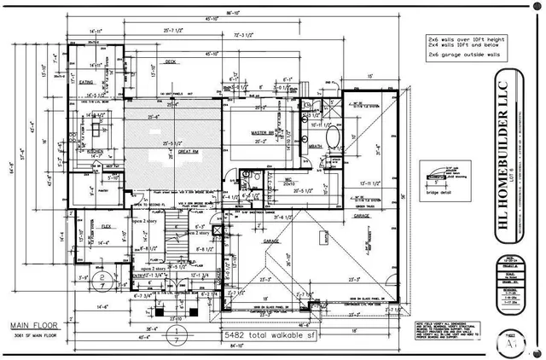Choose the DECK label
click(x=171, y=61)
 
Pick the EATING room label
click(x=86, y=83)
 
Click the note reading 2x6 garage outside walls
click(x=466, y=55)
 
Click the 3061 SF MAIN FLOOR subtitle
click(x=35, y=336)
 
